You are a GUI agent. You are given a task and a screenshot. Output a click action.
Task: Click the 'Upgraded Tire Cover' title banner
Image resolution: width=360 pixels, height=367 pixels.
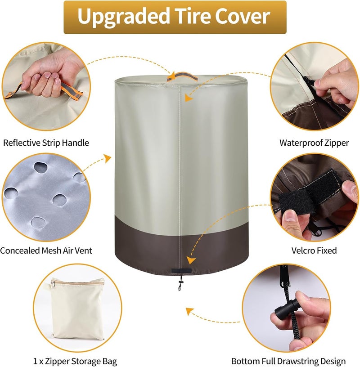(175, 18)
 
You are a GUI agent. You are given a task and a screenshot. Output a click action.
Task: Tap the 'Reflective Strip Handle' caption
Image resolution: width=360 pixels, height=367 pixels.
(46, 143)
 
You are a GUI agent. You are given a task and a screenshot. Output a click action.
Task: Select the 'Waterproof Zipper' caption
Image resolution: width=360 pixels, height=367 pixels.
(314, 143)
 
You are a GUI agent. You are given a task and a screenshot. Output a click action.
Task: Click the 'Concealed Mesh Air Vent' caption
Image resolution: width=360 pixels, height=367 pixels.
(46, 251)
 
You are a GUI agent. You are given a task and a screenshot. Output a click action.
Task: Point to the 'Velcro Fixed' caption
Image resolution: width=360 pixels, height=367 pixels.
(314, 251)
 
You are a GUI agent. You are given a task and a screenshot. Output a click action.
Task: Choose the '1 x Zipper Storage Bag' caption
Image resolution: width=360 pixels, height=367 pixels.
(75, 361)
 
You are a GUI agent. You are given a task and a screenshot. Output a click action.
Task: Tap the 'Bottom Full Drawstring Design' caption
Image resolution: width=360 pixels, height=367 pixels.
(288, 361)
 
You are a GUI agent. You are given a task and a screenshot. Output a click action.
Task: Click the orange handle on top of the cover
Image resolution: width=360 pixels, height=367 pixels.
(182, 76)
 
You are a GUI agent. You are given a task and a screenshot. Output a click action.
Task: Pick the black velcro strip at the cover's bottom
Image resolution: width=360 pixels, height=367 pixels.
(181, 271)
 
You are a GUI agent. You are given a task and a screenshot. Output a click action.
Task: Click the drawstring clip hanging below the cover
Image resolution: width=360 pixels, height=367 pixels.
(180, 283)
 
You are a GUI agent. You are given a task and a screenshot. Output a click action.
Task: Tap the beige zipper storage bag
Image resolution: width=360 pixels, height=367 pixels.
(77, 309)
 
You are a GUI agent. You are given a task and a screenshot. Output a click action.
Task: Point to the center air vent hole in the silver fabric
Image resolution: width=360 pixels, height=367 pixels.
(59, 200)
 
